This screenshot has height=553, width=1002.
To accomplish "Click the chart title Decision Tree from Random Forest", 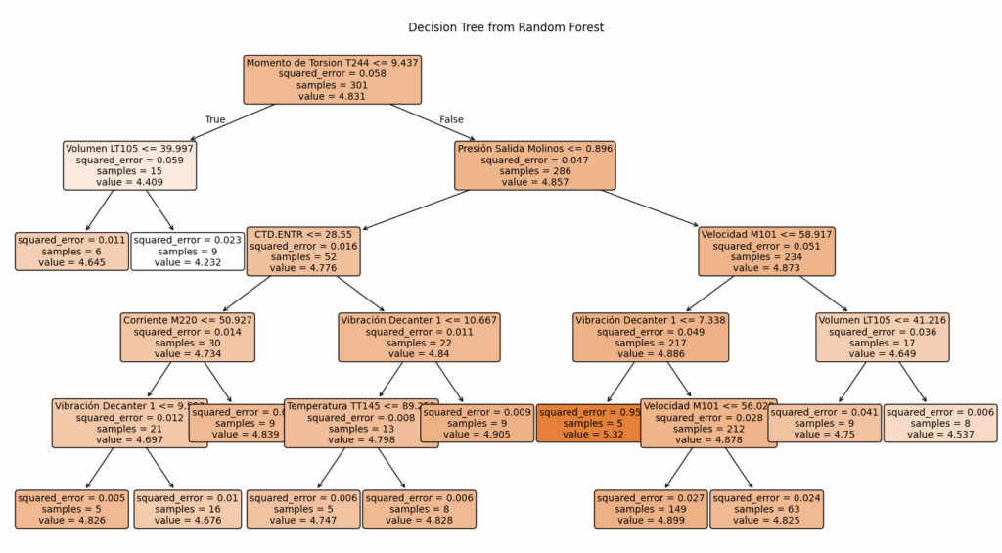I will [506, 27].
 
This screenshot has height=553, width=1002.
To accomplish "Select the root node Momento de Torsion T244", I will [333, 79].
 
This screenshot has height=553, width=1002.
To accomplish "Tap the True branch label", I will [214, 119].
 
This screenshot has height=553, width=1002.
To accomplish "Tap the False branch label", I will [451, 119].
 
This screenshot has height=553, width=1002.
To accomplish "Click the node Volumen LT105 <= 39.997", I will [130, 165].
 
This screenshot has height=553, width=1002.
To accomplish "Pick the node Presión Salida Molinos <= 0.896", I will [534, 165].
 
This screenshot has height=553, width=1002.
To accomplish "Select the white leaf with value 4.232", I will [187, 251].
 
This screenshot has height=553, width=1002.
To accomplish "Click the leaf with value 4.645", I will [70, 251].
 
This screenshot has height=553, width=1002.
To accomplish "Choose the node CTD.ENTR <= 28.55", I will [302, 251].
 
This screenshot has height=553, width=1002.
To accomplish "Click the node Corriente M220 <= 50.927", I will [188, 338].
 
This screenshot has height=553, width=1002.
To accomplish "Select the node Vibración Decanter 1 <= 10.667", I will [419, 338].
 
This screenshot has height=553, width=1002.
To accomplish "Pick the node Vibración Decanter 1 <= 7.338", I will [651, 338].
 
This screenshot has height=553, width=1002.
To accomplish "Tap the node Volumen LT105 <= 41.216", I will [883, 338].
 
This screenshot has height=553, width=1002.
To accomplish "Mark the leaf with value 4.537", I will [940, 423].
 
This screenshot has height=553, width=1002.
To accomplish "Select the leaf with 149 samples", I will [651, 509].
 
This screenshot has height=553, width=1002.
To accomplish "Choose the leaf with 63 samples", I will [767, 509].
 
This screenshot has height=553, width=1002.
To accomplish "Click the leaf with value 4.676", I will [187, 509].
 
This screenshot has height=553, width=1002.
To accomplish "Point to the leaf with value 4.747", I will [302, 509].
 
